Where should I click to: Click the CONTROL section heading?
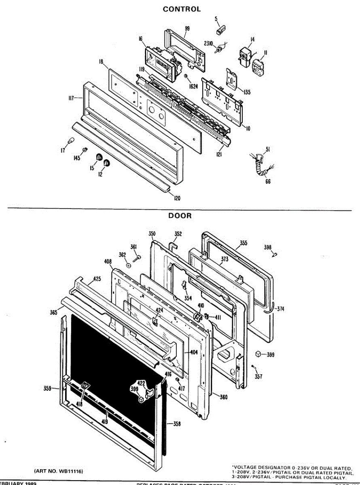click(182, 9)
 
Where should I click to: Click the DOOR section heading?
click(180, 216)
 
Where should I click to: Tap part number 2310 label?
click(208, 44)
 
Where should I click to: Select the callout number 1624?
click(193, 86)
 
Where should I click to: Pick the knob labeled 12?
click(107, 162)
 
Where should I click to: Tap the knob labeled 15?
click(98, 157)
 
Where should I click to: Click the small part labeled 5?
click(221, 31)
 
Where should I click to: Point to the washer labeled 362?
click(128, 266)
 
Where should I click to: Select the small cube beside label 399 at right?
click(257, 354)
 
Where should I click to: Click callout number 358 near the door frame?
click(177, 424)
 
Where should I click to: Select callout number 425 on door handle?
click(97, 279)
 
